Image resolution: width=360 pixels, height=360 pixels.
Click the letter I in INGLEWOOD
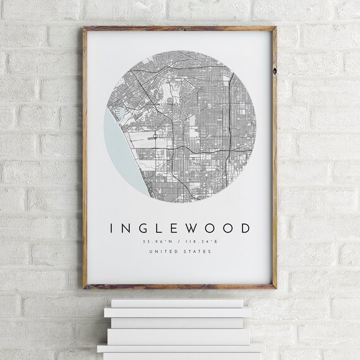[112, 228]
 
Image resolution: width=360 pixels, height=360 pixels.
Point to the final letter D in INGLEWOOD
[245, 228]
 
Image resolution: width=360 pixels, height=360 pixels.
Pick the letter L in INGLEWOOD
[159, 228]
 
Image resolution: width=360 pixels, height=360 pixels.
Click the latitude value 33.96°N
[160, 241]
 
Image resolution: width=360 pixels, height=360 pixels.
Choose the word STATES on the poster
[197, 251]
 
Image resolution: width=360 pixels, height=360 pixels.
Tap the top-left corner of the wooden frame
[85, 28]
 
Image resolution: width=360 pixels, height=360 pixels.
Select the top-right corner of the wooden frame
[275, 28]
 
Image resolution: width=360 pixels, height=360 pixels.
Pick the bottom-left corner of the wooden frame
[85, 286]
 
